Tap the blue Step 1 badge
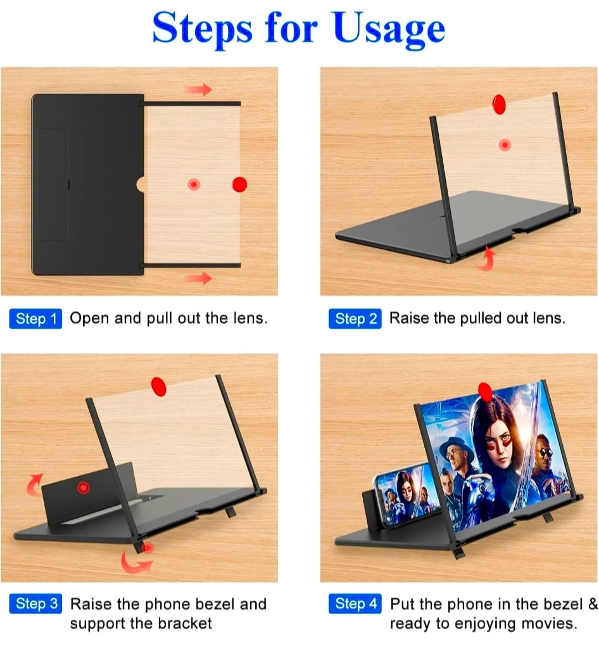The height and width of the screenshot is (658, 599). tap(35, 319)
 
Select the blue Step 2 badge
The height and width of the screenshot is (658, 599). tap(355, 319)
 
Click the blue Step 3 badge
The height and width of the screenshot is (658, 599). tap(35, 604)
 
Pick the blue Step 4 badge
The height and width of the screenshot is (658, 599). tap(355, 604)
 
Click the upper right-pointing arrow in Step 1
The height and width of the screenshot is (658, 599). tap(197, 89)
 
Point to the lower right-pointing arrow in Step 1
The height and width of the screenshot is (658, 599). tap(197, 278)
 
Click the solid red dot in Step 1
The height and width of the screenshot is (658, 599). tap(239, 184)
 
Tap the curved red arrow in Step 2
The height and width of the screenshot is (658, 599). tap(488, 259)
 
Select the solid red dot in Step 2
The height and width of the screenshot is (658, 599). tap(499, 104)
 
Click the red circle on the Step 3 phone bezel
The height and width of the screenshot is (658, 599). tap(84, 488)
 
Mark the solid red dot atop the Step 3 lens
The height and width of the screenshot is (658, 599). tap(159, 386)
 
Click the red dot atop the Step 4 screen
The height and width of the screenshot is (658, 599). tap(485, 392)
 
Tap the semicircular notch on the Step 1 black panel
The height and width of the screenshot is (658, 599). tap(140, 184)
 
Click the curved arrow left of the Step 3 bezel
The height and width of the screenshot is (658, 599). tap(33, 484)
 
